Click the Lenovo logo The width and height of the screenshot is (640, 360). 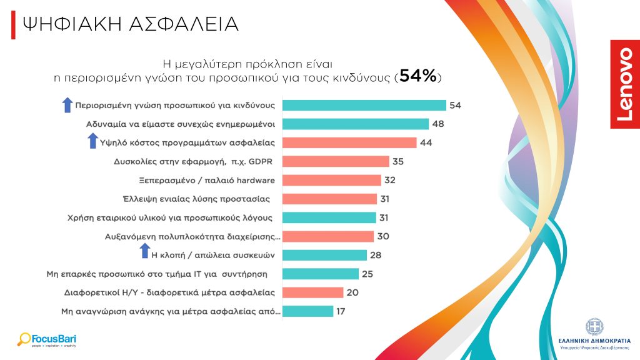pyautogui.click(x=624, y=84)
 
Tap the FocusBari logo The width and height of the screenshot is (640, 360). pyautogui.click(x=47, y=340)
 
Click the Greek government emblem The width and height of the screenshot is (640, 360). pyautogui.click(x=594, y=326)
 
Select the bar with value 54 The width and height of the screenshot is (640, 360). pyautogui.click(x=364, y=105)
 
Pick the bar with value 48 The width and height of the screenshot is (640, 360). pyautogui.click(x=356, y=124)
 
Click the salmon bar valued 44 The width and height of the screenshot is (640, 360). pyautogui.click(x=349, y=142)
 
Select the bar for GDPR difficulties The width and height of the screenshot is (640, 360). pyautogui.click(x=336, y=161)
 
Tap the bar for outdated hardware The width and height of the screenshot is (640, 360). pyautogui.click(x=332, y=180)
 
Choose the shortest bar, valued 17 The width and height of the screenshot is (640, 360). pyautogui.click(x=308, y=311)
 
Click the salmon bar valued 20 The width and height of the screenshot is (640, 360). pyautogui.click(x=313, y=292)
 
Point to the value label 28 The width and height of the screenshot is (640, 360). pyautogui.click(x=376, y=255)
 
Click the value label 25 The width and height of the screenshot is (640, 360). pyautogui.click(x=367, y=274)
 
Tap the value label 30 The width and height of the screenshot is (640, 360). pyautogui.click(x=382, y=236)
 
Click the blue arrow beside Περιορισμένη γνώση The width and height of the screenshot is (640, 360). pyautogui.click(x=67, y=105)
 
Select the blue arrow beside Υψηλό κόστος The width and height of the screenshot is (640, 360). pyautogui.click(x=92, y=142)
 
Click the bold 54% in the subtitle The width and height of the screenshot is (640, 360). pyautogui.click(x=417, y=76)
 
